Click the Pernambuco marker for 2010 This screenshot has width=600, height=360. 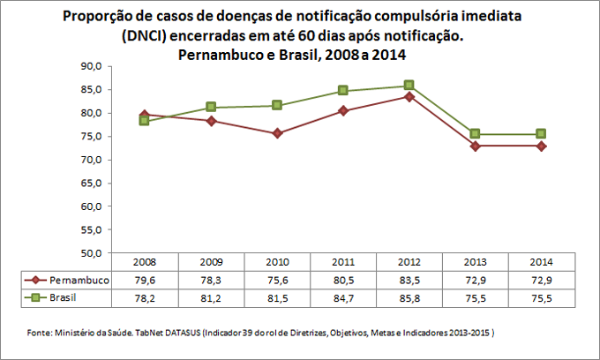pyautogui.click(x=277, y=133)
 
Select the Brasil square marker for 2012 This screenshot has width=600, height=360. pyautogui.click(x=409, y=86)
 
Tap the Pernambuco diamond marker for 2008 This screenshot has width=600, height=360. pyautogui.click(x=144, y=115)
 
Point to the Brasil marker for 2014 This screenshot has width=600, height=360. pyautogui.click(x=542, y=134)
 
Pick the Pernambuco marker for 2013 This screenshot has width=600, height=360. pyautogui.click(x=476, y=146)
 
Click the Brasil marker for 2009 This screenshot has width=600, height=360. pyautogui.click(x=210, y=108)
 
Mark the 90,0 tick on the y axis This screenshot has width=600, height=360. pyautogui.click(x=92, y=66)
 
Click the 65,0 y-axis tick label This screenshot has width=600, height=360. pyautogui.click(x=92, y=183)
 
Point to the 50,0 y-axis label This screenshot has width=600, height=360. pyautogui.click(x=92, y=253)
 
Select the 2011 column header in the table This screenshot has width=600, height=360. pyautogui.click(x=343, y=262)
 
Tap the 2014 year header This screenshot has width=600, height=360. pyautogui.click(x=542, y=262)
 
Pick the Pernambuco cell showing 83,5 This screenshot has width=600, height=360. pyautogui.click(x=409, y=280)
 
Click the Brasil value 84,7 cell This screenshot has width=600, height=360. pyautogui.click(x=343, y=298)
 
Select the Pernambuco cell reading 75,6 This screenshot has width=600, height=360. pyautogui.click(x=277, y=280)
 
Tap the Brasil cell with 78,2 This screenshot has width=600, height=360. pyautogui.click(x=144, y=298)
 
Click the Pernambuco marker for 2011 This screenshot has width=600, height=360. pyautogui.click(x=343, y=110)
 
